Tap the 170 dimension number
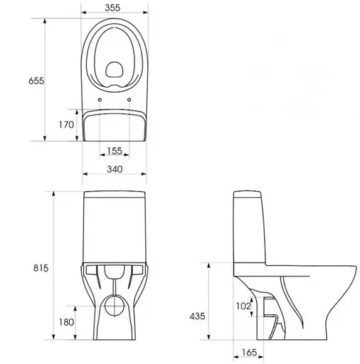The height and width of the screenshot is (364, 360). [x=65, y=125]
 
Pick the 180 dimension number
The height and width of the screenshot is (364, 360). [x=65, y=323]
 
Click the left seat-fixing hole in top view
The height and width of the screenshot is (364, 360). [x=99, y=100]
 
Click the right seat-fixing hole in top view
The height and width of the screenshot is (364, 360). [x=129, y=100]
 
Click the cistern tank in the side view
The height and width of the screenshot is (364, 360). [x=250, y=231]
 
